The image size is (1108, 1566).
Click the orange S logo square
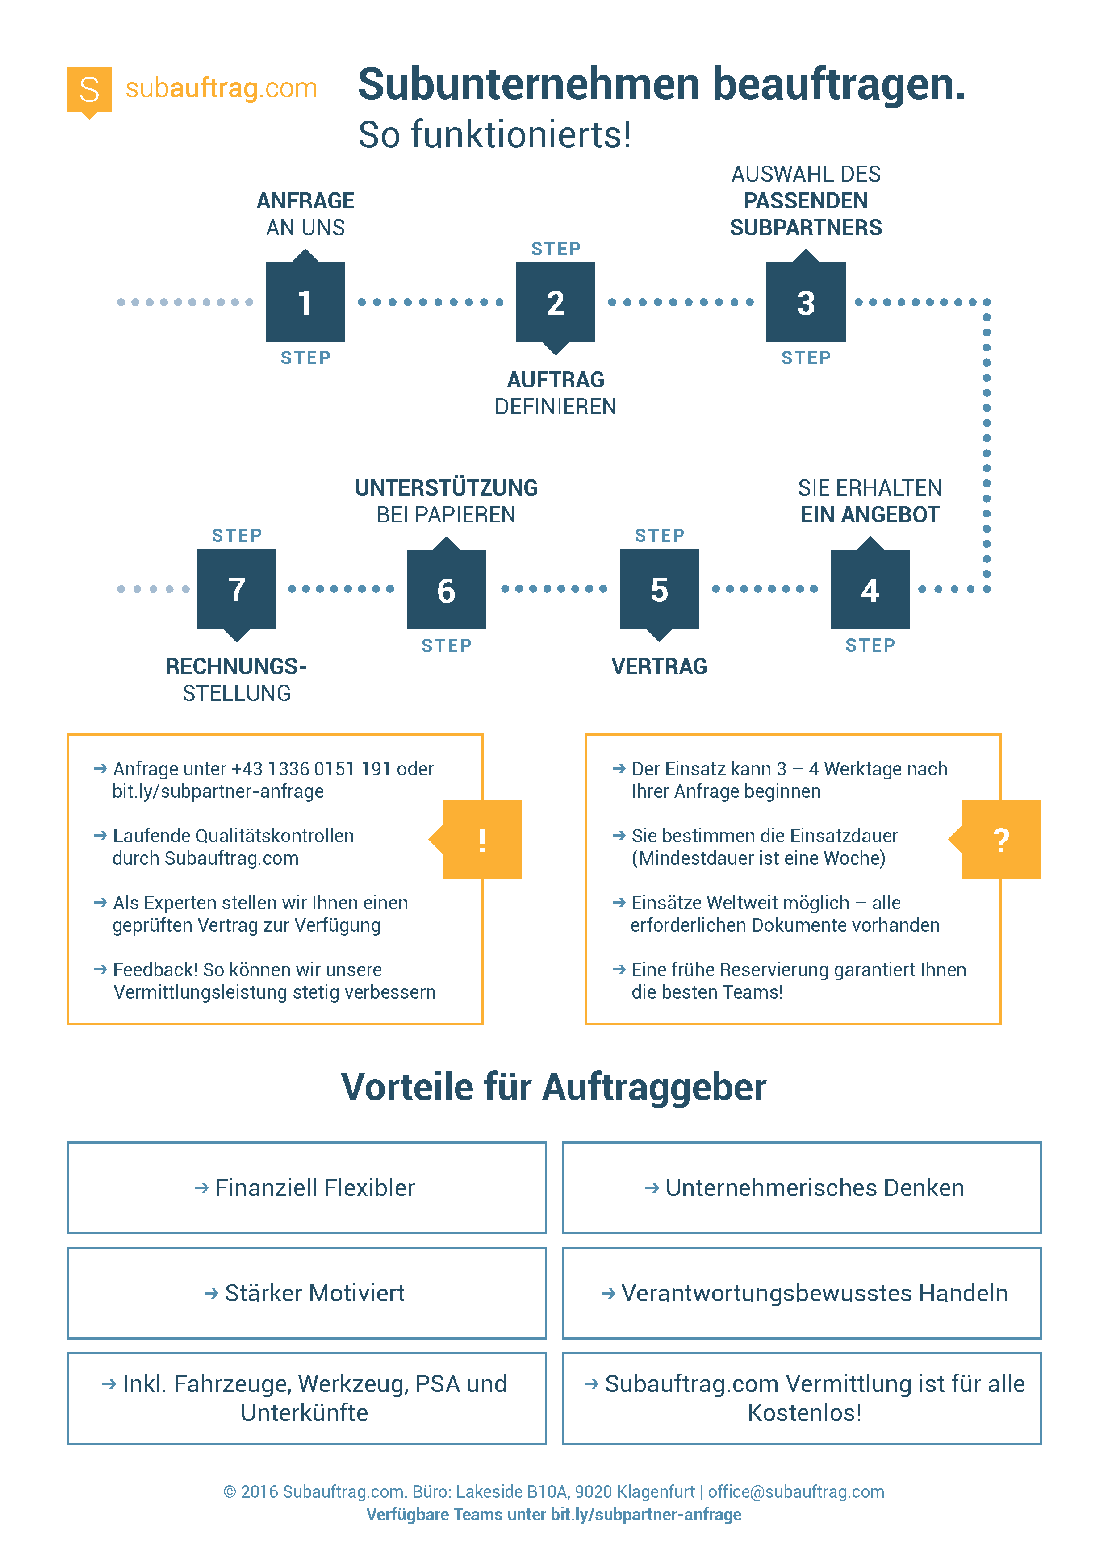pyautogui.click(x=89, y=90)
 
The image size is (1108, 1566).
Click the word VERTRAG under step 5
pyautogui.click(x=659, y=666)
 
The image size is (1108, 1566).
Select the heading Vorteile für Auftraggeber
pyautogui.click(x=553, y=1087)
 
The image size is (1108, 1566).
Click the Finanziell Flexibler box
pyautogui.click(x=307, y=1187)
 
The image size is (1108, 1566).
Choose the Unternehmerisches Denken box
pyautogui.click(x=802, y=1187)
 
